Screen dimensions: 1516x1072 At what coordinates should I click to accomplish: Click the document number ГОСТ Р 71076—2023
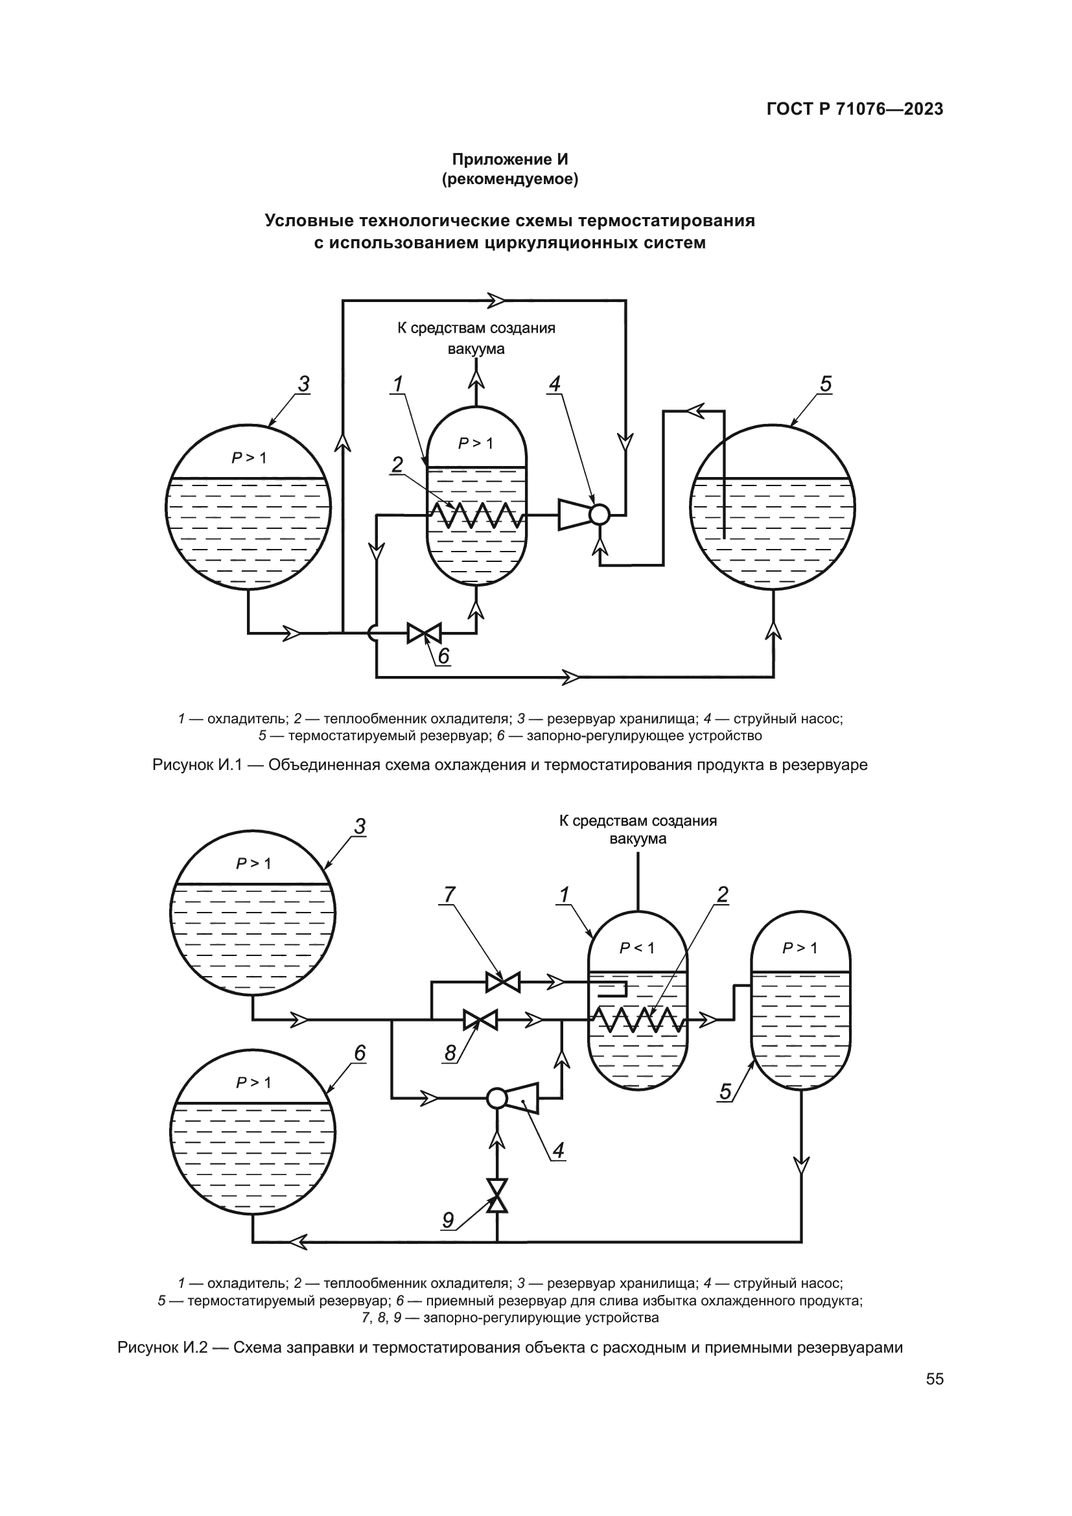855,110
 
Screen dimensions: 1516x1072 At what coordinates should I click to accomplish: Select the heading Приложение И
509,159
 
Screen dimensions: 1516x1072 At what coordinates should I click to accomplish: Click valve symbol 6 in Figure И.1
425,633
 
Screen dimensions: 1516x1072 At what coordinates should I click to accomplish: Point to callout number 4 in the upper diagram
555,384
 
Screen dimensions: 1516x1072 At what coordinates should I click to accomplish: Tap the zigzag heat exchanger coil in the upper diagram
476,515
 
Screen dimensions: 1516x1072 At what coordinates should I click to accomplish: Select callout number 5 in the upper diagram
825,384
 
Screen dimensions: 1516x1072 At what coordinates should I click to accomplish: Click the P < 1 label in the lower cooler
636,948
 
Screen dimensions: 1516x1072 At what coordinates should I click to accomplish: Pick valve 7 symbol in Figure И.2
503,983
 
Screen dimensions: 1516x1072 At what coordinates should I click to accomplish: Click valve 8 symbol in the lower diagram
480,1020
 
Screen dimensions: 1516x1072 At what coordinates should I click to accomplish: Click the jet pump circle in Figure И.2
496,1098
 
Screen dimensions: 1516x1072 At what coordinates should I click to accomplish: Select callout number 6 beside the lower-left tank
360,1053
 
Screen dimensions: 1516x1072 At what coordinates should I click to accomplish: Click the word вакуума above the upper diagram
476,349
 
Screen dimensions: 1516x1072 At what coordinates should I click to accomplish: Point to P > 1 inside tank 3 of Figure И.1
249,458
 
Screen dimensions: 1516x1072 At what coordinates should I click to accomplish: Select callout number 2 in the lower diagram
723,894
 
